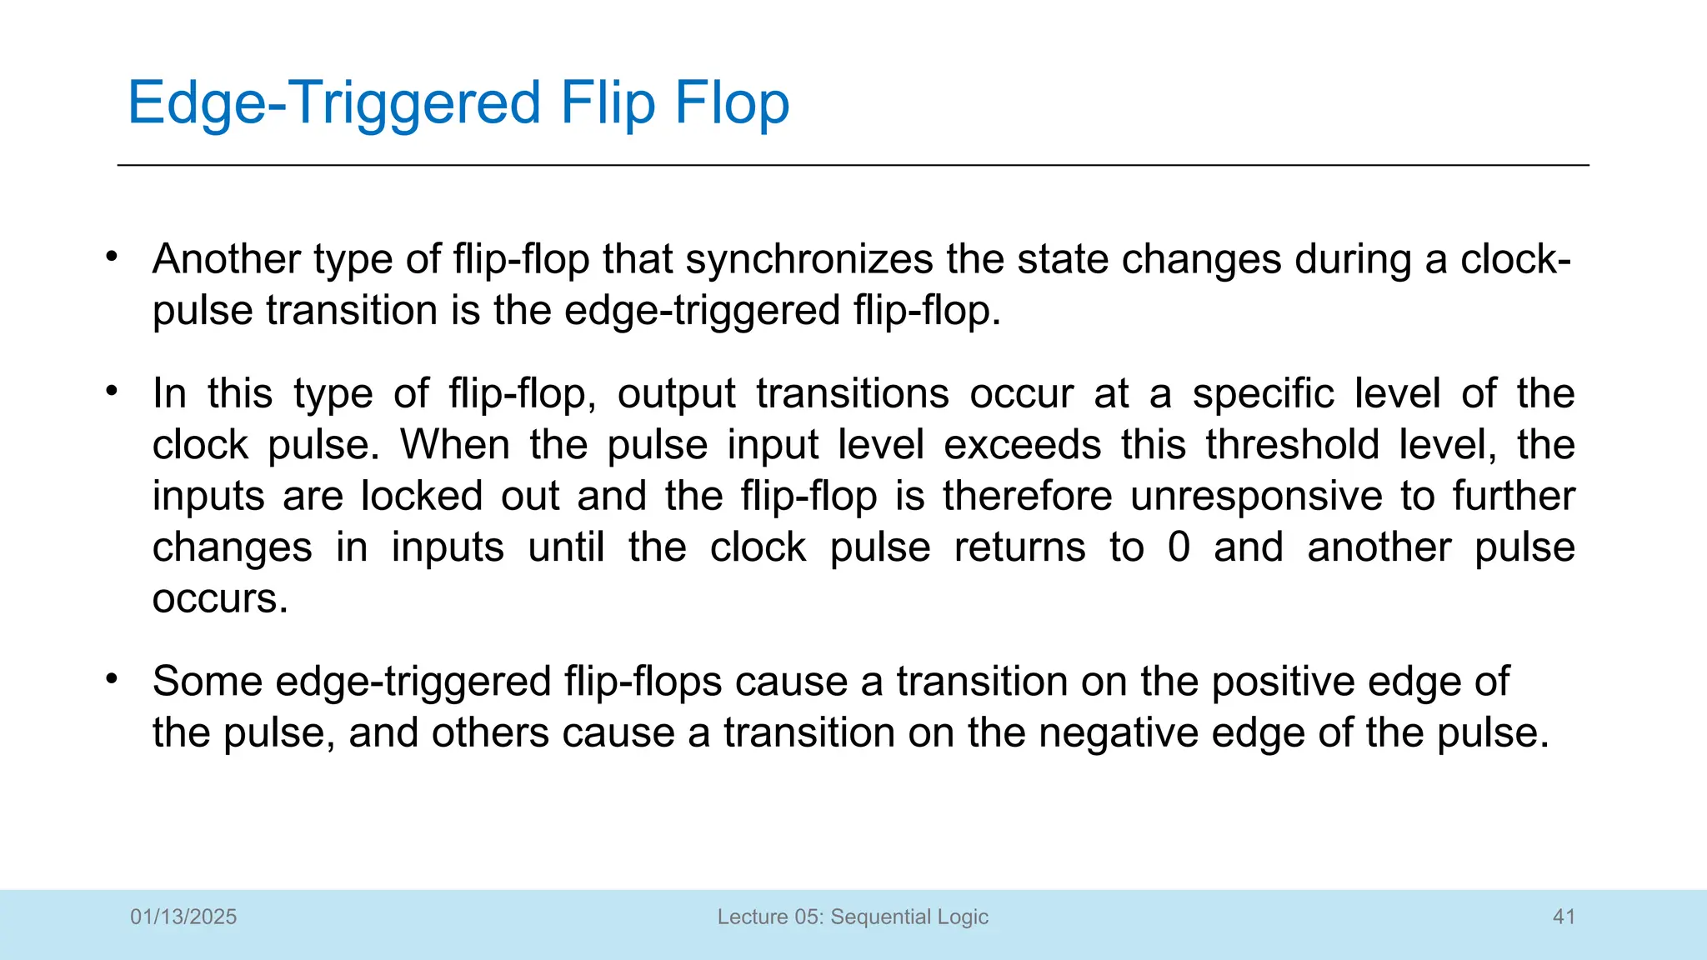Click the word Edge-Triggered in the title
pyautogui.click(x=334, y=103)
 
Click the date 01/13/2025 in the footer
pyautogui.click(x=183, y=917)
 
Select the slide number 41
pyautogui.click(x=1564, y=917)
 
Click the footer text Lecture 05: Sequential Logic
pyautogui.click(x=853, y=917)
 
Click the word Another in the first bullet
pyautogui.click(x=226, y=259)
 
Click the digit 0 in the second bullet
pyautogui.click(x=1179, y=548)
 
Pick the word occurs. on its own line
pyautogui.click(x=220, y=599)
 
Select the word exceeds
pyautogui.click(x=1023, y=445)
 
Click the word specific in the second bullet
pyautogui.click(x=1263, y=393)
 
